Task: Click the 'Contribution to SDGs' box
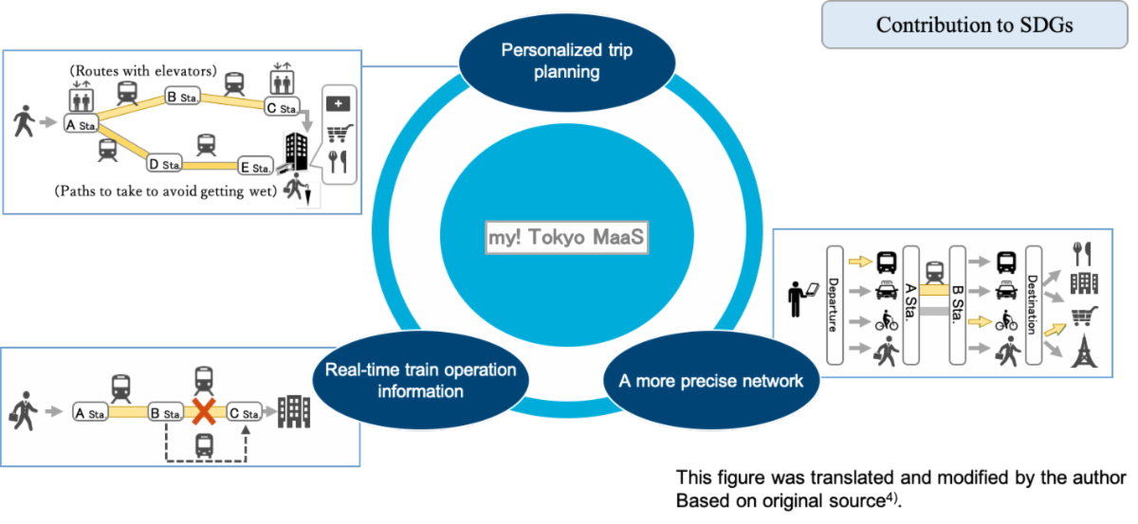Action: pyautogui.click(x=974, y=25)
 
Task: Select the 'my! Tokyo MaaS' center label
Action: pyautogui.click(x=566, y=239)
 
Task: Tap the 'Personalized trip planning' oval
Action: pyautogui.click(x=566, y=61)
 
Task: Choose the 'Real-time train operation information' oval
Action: pyautogui.click(x=419, y=379)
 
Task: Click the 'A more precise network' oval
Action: pyautogui.click(x=711, y=381)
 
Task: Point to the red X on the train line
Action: pyautogui.click(x=203, y=412)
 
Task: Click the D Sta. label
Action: pyautogui.click(x=165, y=164)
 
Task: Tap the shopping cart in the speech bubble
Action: pyautogui.click(x=338, y=134)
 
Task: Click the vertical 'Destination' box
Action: pyautogui.click(x=1033, y=305)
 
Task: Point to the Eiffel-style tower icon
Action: pyautogui.click(x=1083, y=352)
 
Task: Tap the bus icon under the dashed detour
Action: pyautogui.click(x=203, y=445)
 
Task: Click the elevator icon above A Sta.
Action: pyautogui.click(x=79, y=98)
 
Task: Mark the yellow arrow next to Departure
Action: pyautogui.click(x=860, y=257)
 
